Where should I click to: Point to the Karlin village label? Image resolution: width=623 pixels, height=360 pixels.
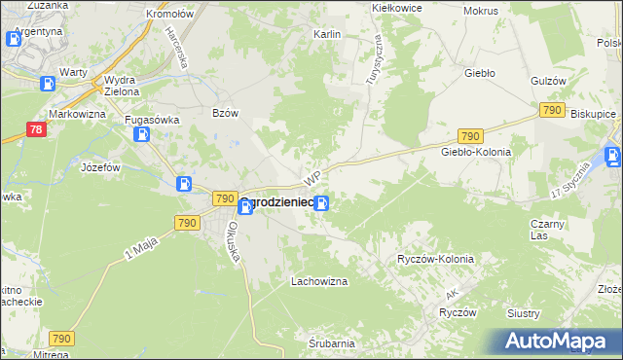326,34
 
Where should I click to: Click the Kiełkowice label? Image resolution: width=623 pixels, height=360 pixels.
396,7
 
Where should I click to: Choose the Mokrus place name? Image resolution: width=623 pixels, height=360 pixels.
481,11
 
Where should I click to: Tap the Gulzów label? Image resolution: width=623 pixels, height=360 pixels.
548,81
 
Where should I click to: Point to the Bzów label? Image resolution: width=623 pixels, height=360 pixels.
225,113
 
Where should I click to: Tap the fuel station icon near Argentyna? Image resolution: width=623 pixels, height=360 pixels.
14,40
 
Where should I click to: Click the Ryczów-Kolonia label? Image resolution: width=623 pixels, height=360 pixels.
435,260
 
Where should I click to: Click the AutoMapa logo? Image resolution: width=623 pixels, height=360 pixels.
562,341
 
